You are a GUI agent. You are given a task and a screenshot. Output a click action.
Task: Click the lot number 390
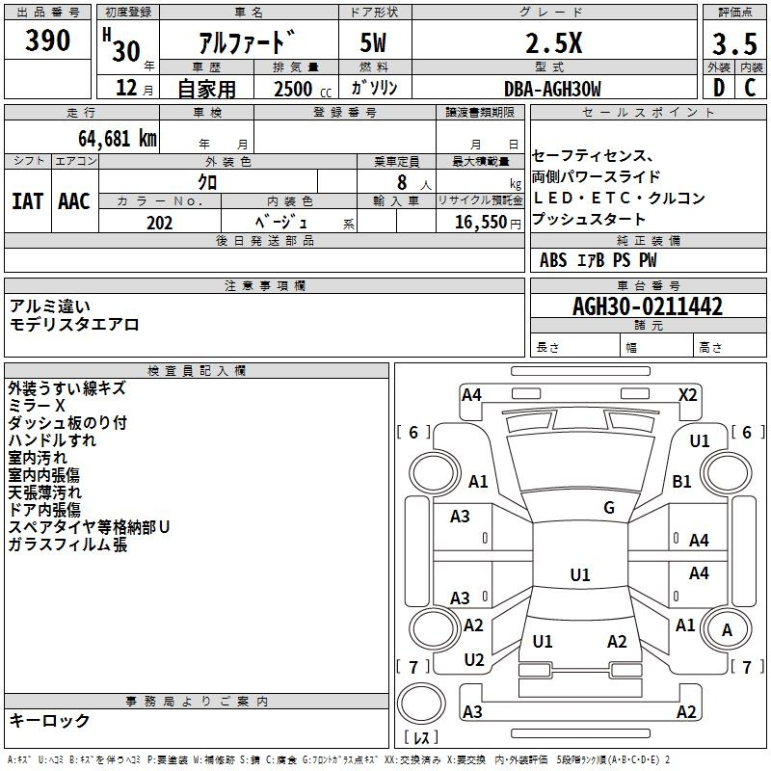tap(47, 40)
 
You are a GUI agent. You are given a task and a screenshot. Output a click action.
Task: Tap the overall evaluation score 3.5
tap(734, 45)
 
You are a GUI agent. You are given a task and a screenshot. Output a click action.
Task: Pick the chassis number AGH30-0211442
tap(647, 307)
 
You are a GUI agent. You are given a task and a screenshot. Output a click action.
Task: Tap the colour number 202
tap(159, 223)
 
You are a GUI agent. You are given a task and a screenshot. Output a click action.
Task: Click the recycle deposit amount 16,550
tap(482, 223)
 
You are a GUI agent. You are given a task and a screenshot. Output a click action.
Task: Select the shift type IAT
tap(27, 200)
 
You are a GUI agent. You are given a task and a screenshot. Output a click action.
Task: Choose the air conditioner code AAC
tap(73, 200)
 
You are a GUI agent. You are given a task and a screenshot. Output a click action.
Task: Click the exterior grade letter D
tap(718, 89)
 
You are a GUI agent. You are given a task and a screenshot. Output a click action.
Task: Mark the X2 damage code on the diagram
tap(687, 394)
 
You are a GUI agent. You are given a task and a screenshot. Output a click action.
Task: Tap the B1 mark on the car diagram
tap(682, 481)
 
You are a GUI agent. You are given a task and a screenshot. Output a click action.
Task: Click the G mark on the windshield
tap(609, 508)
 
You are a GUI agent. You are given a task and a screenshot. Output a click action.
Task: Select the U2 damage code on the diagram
tap(473, 660)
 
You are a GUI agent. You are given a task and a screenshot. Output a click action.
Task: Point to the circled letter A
tap(728, 630)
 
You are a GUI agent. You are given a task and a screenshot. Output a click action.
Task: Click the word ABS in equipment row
tap(553, 260)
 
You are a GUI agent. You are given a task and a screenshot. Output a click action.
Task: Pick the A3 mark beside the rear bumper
tap(472, 711)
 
